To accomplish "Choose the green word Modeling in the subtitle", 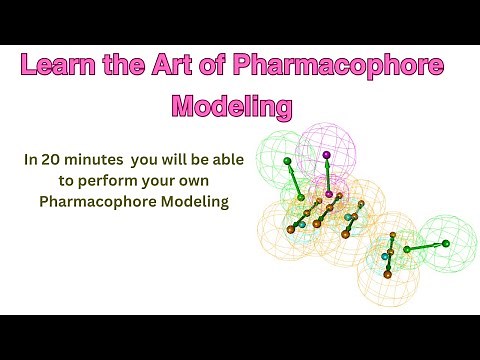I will [x=192, y=203].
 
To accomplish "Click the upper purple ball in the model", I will [x=326, y=155].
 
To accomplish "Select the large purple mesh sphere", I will [x=327, y=160].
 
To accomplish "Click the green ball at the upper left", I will [x=287, y=160].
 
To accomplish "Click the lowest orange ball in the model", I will [x=388, y=273].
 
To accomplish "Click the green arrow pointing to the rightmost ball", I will [x=426, y=244].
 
